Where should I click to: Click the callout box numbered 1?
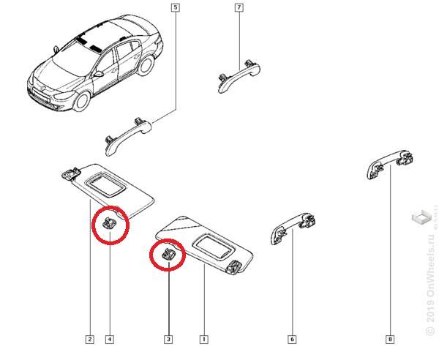[203, 339]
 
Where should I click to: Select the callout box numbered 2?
[89, 339]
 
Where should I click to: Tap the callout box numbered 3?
[168, 339]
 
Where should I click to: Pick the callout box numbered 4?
[109, 339]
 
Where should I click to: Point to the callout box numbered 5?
[175, 9]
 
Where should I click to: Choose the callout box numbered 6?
[292, 339]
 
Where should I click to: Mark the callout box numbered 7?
[239, 9]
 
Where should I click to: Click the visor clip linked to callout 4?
[109, 224]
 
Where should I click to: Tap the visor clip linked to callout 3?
[168, 255]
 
